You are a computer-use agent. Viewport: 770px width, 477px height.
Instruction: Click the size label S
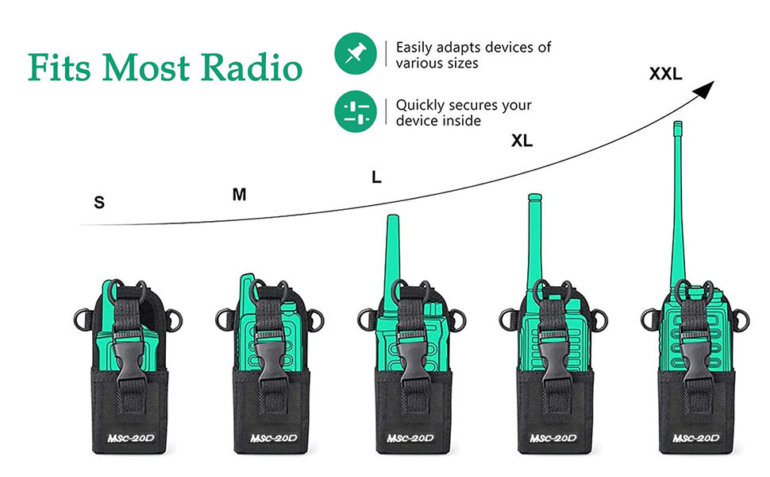click(99, 203)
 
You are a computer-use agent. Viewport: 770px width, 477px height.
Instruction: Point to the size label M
click(239, 194)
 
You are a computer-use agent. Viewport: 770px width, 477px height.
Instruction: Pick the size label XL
click(522, 142)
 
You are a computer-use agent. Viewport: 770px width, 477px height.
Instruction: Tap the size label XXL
click(665, 74)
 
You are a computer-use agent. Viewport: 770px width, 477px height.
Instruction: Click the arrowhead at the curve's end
click(706, 90)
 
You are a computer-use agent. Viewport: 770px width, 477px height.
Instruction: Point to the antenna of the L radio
click(391, 254)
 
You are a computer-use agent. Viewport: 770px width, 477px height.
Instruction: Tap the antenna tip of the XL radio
click(534, 197)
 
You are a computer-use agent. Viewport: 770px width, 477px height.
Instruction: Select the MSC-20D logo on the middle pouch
click(408, 438)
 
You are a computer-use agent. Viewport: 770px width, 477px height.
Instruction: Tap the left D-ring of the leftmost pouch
click(81, 319)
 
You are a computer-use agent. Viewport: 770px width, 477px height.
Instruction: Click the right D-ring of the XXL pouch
click(741, 320)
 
